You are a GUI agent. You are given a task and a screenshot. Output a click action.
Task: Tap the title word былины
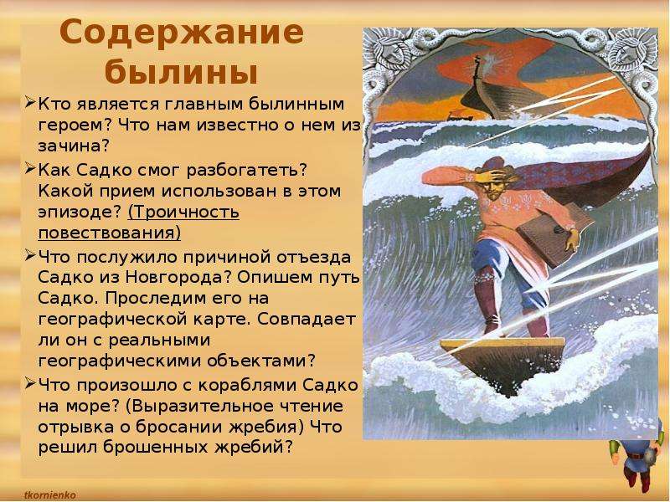[181, 73]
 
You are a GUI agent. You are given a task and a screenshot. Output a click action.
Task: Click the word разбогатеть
[244, 170]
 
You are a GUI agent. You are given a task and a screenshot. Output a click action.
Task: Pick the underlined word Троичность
[183, 213]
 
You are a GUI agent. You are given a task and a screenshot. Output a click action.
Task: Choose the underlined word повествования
[109, 233]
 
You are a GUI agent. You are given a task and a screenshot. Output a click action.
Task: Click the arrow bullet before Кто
[30, 103]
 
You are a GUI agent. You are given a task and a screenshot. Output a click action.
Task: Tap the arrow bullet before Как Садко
[30, 169]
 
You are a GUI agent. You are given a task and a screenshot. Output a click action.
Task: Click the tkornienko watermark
[50, 495]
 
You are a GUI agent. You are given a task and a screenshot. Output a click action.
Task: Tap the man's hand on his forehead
[490, 175]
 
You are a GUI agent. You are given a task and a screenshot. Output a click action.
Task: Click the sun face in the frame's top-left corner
[391, 48]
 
